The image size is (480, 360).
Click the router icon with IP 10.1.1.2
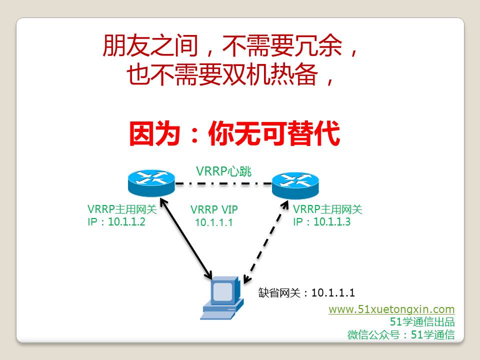click(x=151, y=183)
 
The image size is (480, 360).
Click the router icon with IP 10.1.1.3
click(x=295, y=185)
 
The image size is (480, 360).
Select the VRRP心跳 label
click(x=223, y=171)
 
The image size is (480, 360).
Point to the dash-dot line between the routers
click(x=223, y=184)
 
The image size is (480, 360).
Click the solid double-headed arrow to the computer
click(x=186, y=239)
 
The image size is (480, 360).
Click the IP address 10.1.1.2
click(x=126, y=221)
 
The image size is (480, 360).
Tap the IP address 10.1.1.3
click(x=332, y=221)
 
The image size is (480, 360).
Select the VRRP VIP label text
click(x=214, y=209)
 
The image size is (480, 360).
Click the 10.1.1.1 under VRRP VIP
click(x=214, y=222)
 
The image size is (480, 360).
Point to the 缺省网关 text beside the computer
click(x=279, y=293)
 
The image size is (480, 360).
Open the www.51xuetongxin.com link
click(x=391, y=309)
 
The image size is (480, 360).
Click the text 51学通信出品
click(x=422, y=321)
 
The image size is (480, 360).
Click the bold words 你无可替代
click(x=274, y=133)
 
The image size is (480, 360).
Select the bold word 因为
click(x=154, y=133)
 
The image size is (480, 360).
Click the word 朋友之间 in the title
click(x=150, y=45)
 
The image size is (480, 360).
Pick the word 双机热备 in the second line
click(x=270, y=74)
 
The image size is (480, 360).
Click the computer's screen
click(x=222, y=291)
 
